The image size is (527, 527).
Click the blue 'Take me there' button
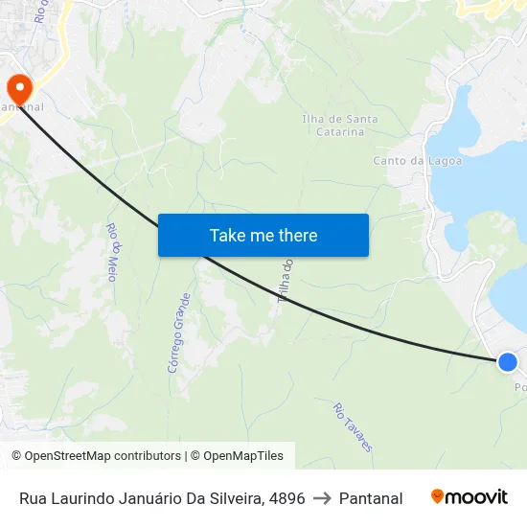(263, 235)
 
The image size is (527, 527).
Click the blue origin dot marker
(508, 361)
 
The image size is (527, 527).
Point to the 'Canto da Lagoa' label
(417, 161)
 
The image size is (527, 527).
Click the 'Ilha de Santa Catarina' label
(339, 126)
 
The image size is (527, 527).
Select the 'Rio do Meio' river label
(112, 252)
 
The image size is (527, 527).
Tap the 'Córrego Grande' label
(179, 332)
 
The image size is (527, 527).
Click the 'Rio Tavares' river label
(353, 426)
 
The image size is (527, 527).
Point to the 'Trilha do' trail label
(286, 281)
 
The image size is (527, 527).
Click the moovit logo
(470, 497)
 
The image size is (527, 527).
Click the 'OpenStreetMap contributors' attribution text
(103, 456)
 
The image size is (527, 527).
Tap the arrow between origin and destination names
(322, 498)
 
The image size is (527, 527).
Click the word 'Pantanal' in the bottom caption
(371, 498)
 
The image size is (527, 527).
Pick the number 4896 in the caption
(286, 498)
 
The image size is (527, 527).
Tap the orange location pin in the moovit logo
(438, 496)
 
